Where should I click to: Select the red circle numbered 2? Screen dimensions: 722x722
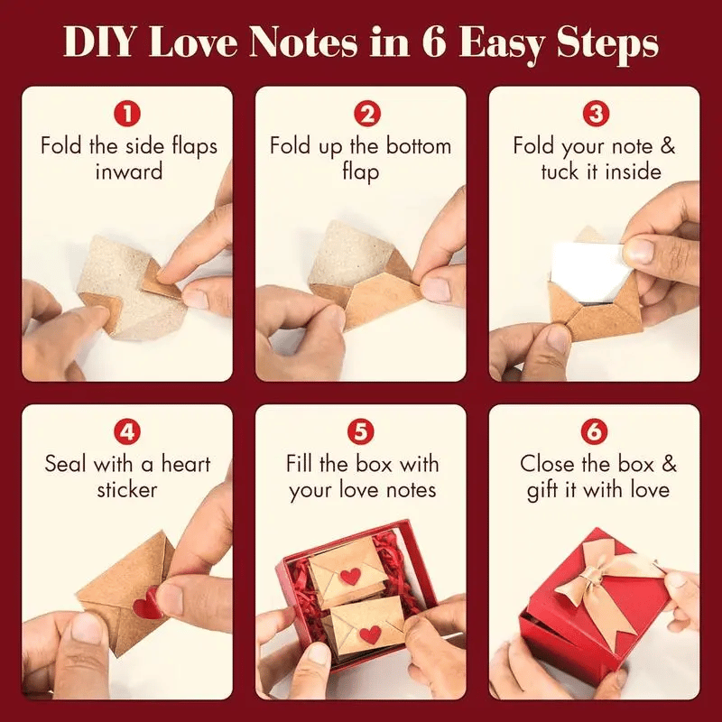click(361, 114)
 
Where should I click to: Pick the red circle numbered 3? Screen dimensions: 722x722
click(594, 114)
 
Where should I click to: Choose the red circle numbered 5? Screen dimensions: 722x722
click(361, 431)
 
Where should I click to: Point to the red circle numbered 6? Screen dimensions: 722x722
click(594, 431)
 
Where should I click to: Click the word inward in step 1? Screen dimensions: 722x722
click(128, 171)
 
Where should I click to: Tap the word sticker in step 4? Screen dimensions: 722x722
click(127, 490)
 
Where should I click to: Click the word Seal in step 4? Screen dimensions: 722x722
click(66, 464)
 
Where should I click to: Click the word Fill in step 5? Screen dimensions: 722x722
click(303, 464)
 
